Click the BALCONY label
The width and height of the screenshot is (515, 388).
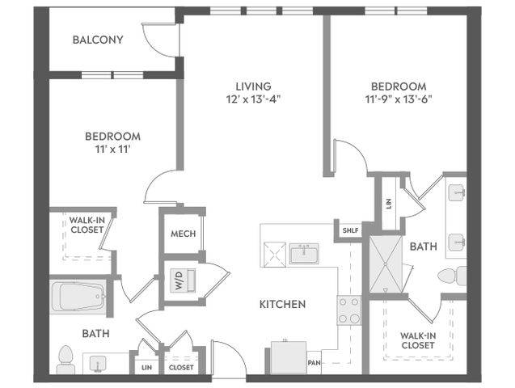98,40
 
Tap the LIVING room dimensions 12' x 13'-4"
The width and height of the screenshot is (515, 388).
253,99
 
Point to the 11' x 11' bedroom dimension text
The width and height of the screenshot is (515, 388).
112,150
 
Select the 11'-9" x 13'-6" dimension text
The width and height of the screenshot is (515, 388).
399,99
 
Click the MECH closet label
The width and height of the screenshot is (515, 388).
183,234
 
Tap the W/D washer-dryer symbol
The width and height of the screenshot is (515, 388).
184,280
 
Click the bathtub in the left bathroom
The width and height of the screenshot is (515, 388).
78,297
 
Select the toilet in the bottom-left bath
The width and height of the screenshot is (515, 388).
65,360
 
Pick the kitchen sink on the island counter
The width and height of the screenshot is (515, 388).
304,254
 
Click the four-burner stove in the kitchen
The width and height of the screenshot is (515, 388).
348,310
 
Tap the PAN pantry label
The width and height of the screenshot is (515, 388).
314,363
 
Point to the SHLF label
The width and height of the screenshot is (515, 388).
350,230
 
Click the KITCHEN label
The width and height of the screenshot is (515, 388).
282,304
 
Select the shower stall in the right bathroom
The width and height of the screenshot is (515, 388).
386,264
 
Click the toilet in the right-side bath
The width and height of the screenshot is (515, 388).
452,276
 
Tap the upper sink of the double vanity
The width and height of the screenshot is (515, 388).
457,192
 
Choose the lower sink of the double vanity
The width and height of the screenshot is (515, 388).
457,242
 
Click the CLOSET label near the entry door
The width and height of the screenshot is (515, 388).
181,368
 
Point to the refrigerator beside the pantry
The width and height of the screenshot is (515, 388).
288,358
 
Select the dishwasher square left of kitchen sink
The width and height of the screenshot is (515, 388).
275,255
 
